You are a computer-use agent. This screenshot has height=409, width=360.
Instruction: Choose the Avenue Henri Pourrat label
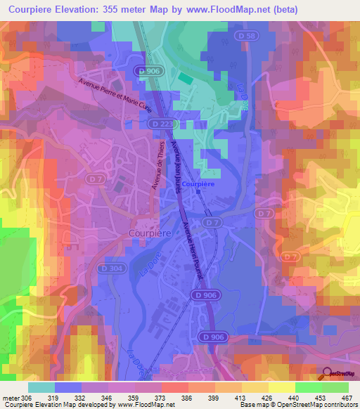[x=191, y=252]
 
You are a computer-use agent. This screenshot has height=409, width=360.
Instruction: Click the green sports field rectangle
[x=184, y=77]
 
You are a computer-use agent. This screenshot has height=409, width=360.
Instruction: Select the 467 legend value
[x=347, y=397]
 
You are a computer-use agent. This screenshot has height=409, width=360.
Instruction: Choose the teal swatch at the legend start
[x=41, y=387]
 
